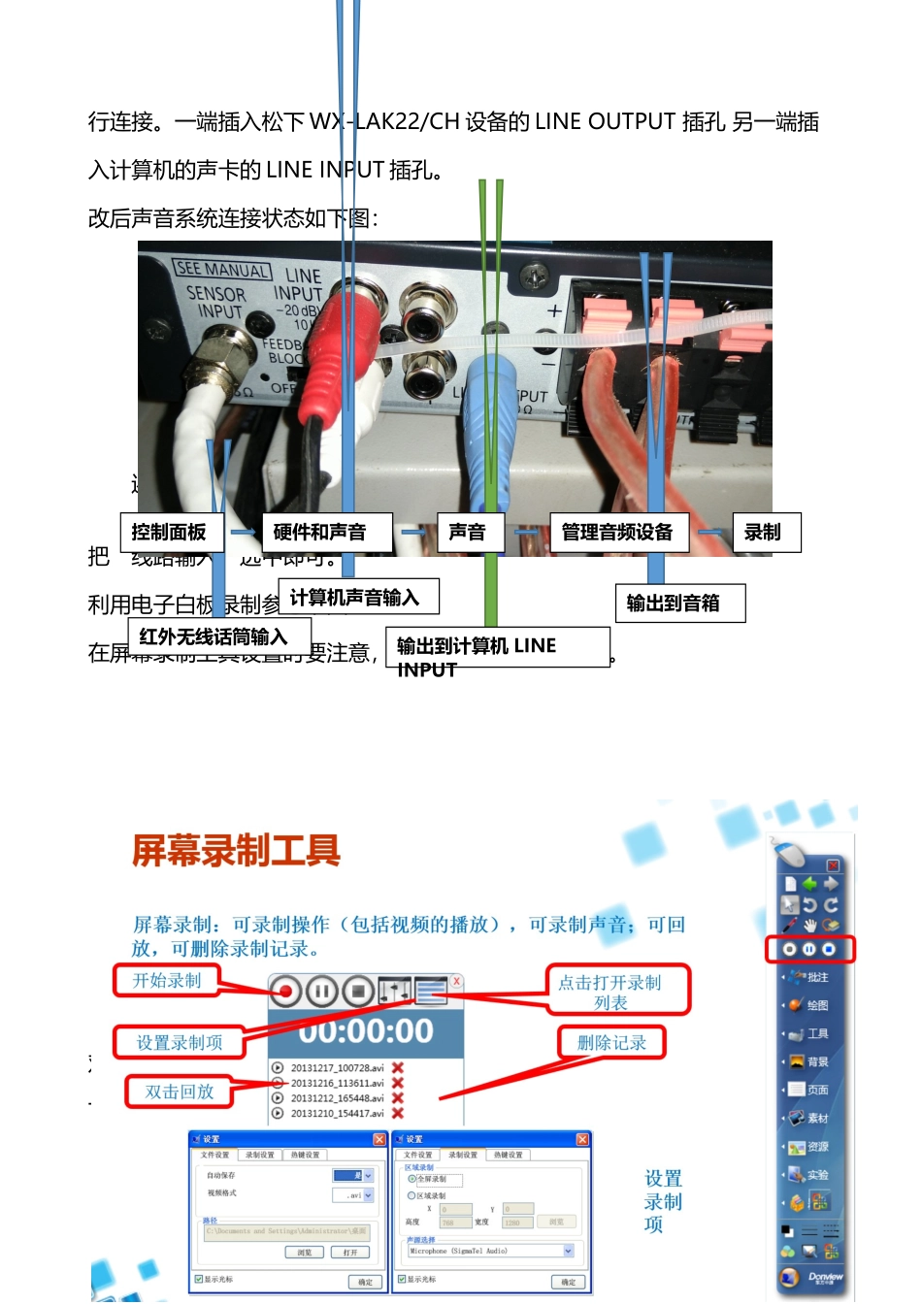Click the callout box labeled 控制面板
tap(171, 533)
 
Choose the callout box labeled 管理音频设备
tap(618, 533)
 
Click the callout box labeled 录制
tap(766, 533)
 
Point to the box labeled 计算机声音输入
tap(357, 597)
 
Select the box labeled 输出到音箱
tap(679, 603)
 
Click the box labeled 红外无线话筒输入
tap(214, 636)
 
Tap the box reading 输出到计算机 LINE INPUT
tap(497, 647)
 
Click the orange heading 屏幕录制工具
tap(236, 851)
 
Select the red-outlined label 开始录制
tap(167, 981)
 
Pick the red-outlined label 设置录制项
tap(180, 1043)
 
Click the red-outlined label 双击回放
tap(180, 1092)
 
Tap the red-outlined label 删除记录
tap(611, 1043)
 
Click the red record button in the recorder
tap(285, 992)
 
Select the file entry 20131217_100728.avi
tap(337, 1067)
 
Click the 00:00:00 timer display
tap(365, 1030)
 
